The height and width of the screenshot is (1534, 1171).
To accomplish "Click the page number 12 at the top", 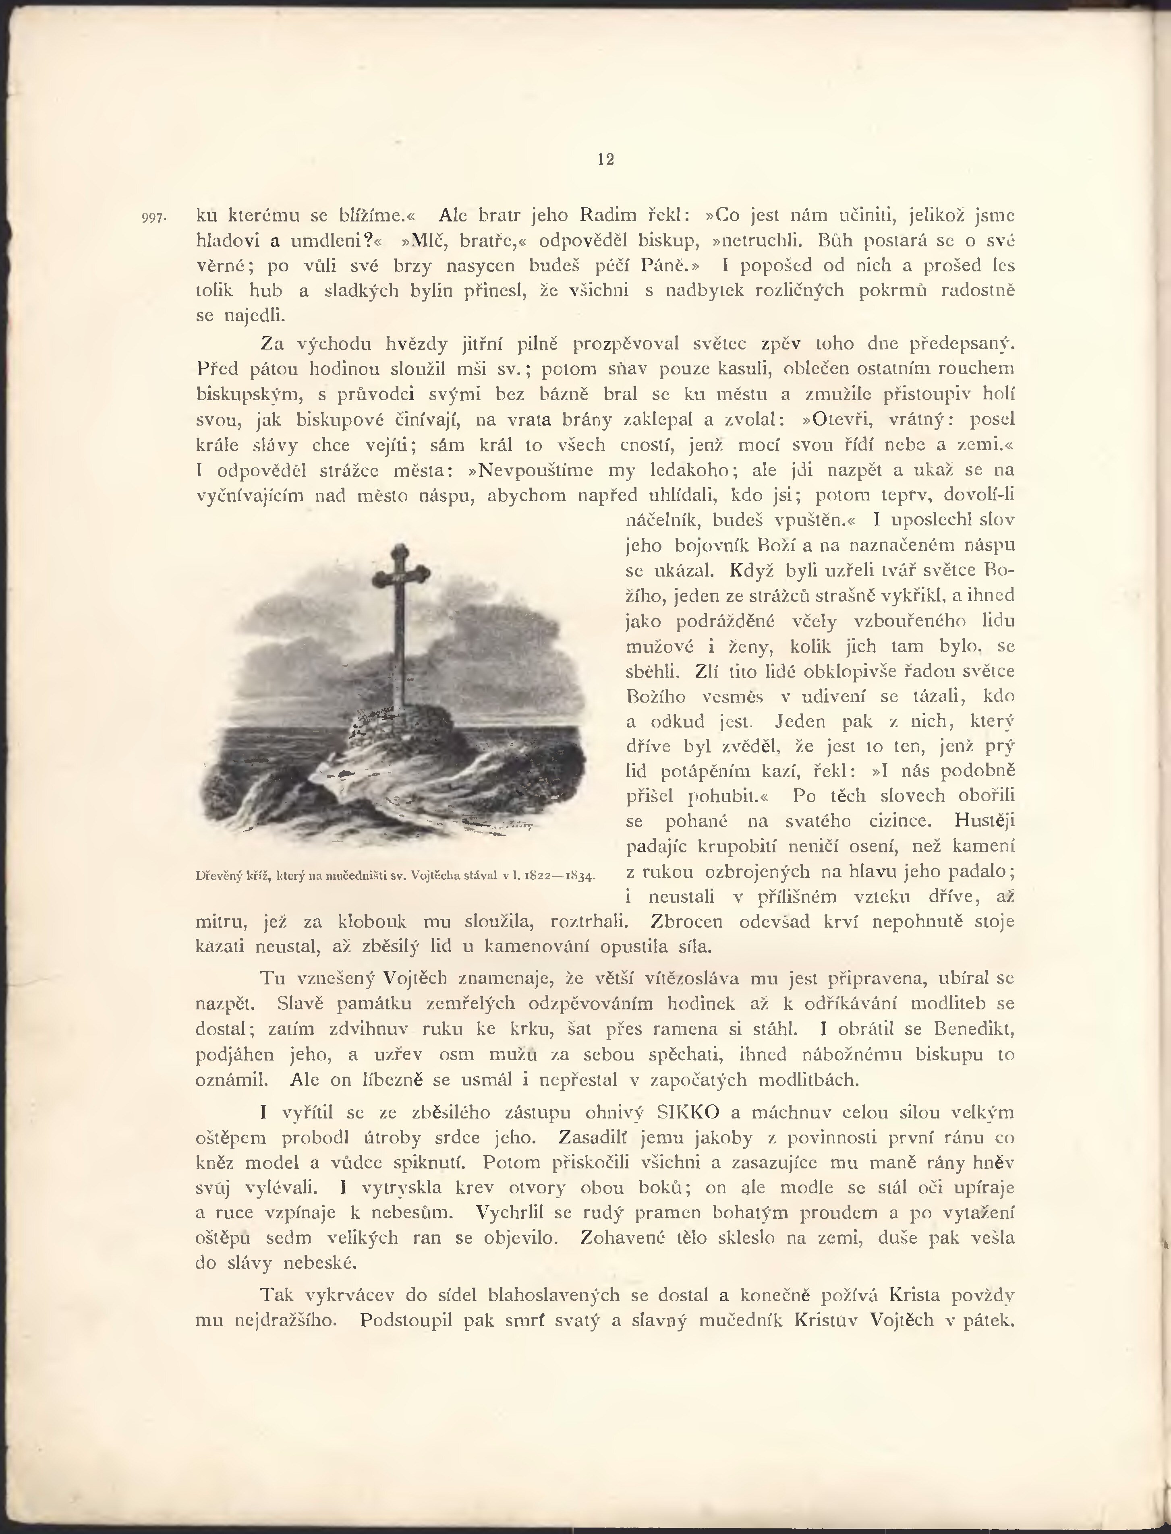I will pyautogui.click(x=606, y=159).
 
